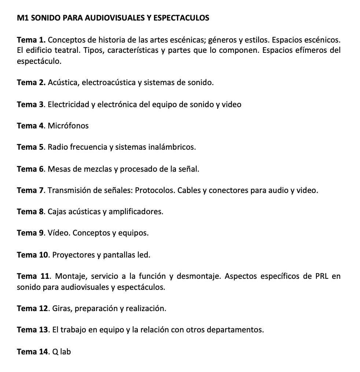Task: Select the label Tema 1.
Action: point(31,39)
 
